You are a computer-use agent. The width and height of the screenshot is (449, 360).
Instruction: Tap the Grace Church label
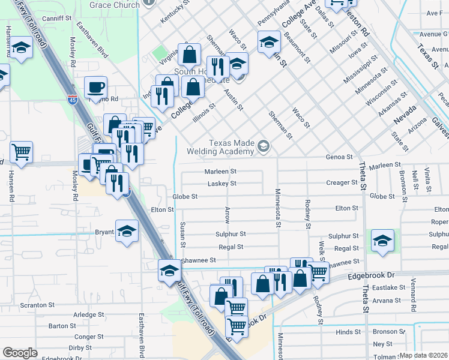coord(114,4)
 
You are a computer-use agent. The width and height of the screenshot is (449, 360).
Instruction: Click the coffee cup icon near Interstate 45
coord(95,88)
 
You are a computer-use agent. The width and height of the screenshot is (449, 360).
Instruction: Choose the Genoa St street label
coord(339,157)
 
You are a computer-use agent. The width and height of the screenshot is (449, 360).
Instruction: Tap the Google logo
coord(20,353)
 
